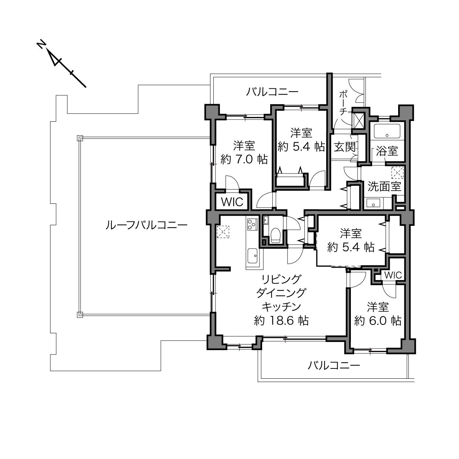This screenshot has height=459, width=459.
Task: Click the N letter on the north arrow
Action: [41, 45]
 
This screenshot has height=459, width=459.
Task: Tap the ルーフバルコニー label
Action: [146, 225]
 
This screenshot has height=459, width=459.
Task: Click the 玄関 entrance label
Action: [345, 147]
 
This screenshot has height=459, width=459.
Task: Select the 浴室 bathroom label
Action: [387, 151]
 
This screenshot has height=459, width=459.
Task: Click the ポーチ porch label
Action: [343, 103]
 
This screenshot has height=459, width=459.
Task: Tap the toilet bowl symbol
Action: [276, 235]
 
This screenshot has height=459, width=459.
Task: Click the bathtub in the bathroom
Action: [387, 131]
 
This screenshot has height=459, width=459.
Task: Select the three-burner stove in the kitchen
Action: [252, 224]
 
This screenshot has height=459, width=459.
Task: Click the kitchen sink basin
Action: [253, 256]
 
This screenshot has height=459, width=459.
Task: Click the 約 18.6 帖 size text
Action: [281, 320]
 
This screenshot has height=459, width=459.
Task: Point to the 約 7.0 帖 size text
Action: [244, 159]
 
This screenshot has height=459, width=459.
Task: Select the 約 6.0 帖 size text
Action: [378, 321]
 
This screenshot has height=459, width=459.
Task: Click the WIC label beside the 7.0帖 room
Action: [232, 202]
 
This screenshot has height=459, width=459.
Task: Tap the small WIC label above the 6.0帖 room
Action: [393, 275]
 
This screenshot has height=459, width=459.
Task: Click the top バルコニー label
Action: [272, 92]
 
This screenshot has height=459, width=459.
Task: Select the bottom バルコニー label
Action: [334, 365]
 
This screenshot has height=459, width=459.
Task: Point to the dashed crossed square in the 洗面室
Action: [397, 173]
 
